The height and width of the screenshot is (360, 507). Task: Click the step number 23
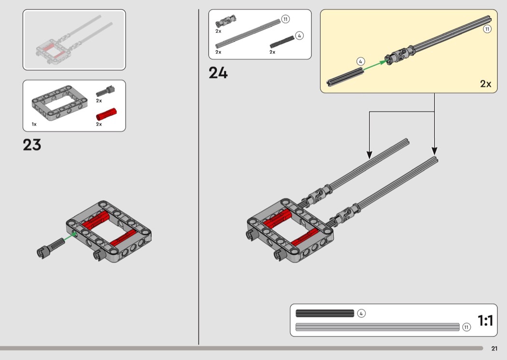coord(32,145)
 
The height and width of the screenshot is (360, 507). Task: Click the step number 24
coord(218,73)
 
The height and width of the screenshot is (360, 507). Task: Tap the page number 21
coord(494,348)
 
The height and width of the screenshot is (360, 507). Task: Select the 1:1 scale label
coord(485,320)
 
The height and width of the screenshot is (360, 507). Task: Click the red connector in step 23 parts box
coord(106,114)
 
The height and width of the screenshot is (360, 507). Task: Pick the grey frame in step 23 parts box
coord(59,102)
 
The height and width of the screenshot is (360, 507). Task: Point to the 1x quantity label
coord(34,124)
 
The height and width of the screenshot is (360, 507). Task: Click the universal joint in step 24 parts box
coord(225,21)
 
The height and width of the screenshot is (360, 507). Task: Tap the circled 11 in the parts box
coord(285,19)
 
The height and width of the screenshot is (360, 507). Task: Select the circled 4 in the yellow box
coord(361,61)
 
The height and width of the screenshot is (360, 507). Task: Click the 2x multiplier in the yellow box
coord(486,83)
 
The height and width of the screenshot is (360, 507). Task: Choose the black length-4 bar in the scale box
coord(325,313)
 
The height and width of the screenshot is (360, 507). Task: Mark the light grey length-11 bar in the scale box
coord(377,327)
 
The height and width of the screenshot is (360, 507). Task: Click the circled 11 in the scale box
coord(466,327)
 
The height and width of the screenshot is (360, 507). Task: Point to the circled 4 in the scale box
coord(361,313)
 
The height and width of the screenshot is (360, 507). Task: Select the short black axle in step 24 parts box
coord(282,42)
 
